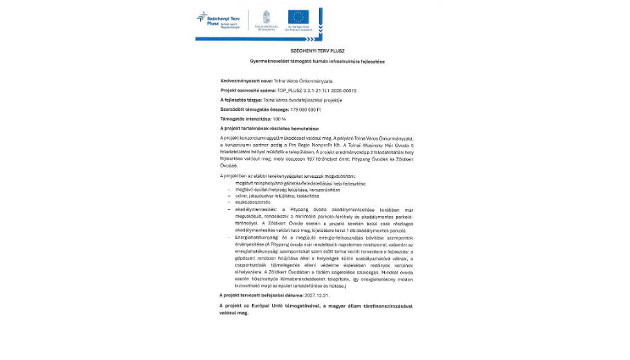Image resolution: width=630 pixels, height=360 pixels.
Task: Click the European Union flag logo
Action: [x=299, y=17]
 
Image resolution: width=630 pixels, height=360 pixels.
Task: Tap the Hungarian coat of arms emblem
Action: [x=266, y=16]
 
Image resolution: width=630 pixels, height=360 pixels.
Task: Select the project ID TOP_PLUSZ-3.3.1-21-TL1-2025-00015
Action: [x=316, y=90]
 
